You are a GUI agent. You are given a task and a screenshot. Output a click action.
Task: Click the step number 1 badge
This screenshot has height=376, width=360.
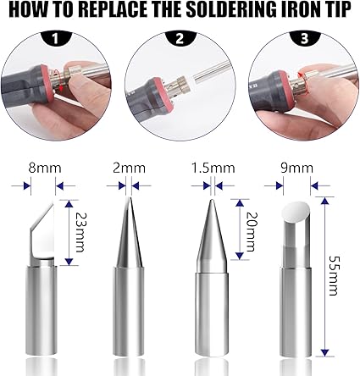pos(57,39)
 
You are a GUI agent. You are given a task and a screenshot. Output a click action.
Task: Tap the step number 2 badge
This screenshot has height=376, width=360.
pos(179,39)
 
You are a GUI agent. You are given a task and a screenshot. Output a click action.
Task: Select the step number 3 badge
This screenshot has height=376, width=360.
pos(302,39)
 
